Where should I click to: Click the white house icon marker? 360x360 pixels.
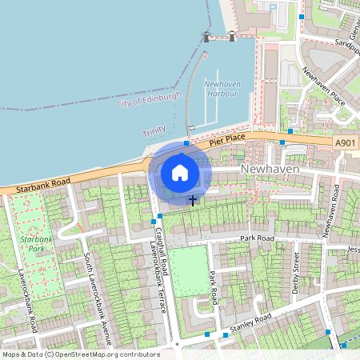[180, 173]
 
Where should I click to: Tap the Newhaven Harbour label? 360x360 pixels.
[222, 89]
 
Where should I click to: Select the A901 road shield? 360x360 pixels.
[346, 142]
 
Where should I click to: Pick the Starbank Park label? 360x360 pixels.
[37, 243]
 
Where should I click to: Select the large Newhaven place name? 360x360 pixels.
[269, 170]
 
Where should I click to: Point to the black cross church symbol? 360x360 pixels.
[193, 198]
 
